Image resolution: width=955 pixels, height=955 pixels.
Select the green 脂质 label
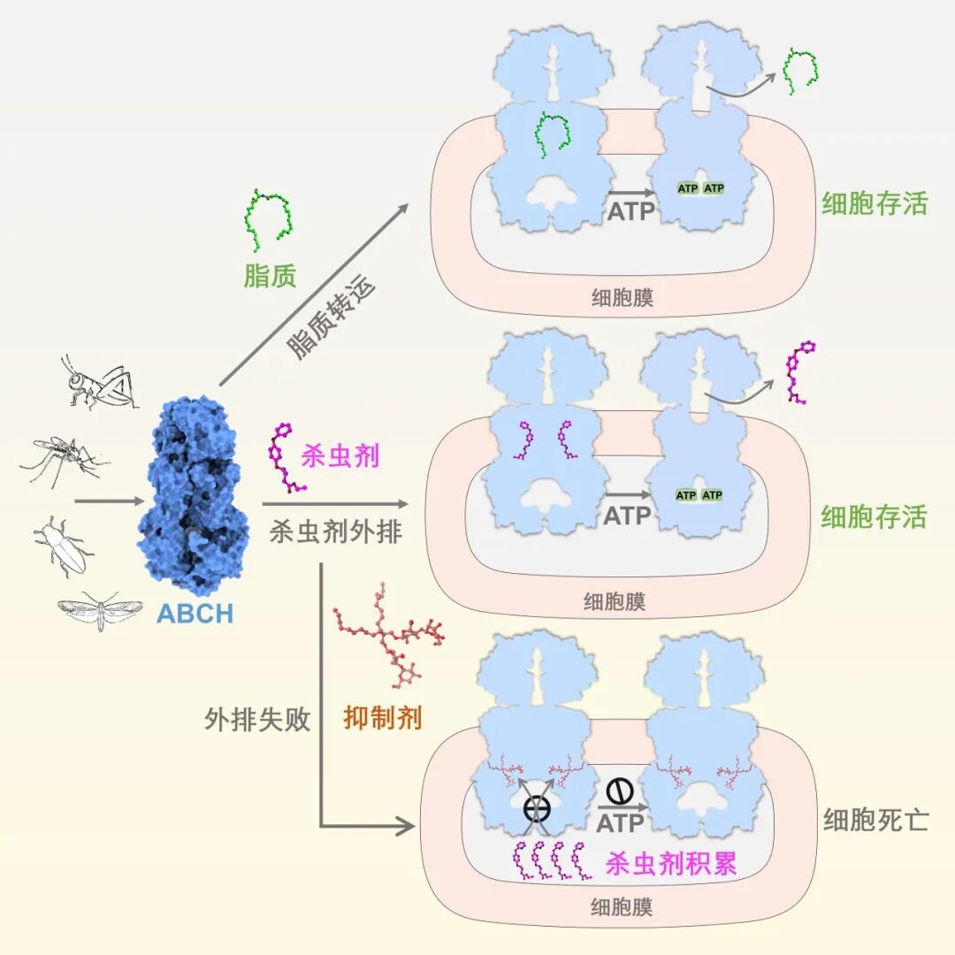270,276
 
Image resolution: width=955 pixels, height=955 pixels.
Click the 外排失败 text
257,719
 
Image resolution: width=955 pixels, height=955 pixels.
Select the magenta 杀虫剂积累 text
671,863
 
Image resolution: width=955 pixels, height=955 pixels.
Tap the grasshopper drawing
97,382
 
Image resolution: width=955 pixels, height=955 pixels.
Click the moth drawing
100,610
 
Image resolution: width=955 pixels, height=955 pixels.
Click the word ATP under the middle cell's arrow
628,515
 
